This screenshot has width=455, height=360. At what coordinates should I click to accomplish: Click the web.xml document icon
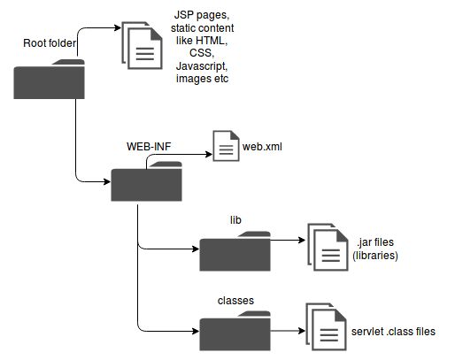click(225, 146)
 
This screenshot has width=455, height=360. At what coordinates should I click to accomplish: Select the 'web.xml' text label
click(263, 147)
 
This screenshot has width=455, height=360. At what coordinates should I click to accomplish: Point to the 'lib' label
click(235, 217)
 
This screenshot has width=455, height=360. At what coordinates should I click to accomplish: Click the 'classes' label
click(235, 300)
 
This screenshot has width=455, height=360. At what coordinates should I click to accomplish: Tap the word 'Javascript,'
click(202, 66)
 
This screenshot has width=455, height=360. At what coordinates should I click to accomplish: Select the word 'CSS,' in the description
click(202, 54)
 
